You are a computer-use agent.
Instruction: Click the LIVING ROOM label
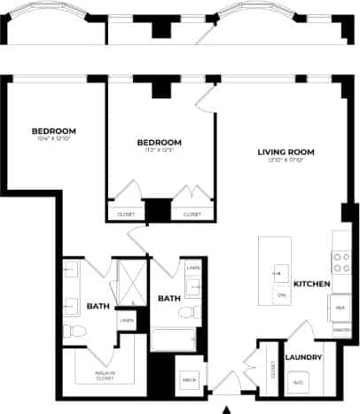click(x=286, y=152)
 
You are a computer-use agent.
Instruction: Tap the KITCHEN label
click(x=312, y=284)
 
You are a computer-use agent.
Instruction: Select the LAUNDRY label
click(x=302, y=357)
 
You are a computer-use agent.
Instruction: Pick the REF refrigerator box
click(x=340, y=307)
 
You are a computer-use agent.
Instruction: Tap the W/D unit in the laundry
click(x=298, y=382)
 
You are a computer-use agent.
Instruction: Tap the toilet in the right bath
click(x=187, y=312)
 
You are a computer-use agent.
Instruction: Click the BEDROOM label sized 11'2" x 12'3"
click(x=160, y=142)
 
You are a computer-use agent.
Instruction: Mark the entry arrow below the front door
click(x=227, y=409)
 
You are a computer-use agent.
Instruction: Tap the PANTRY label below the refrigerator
click(x=340, y=327)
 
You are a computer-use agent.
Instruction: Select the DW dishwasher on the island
click(x=282, y=293)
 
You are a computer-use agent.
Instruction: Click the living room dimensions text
click(x=286, y=160)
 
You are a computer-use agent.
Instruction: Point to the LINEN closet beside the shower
click(x=128, y=320)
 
